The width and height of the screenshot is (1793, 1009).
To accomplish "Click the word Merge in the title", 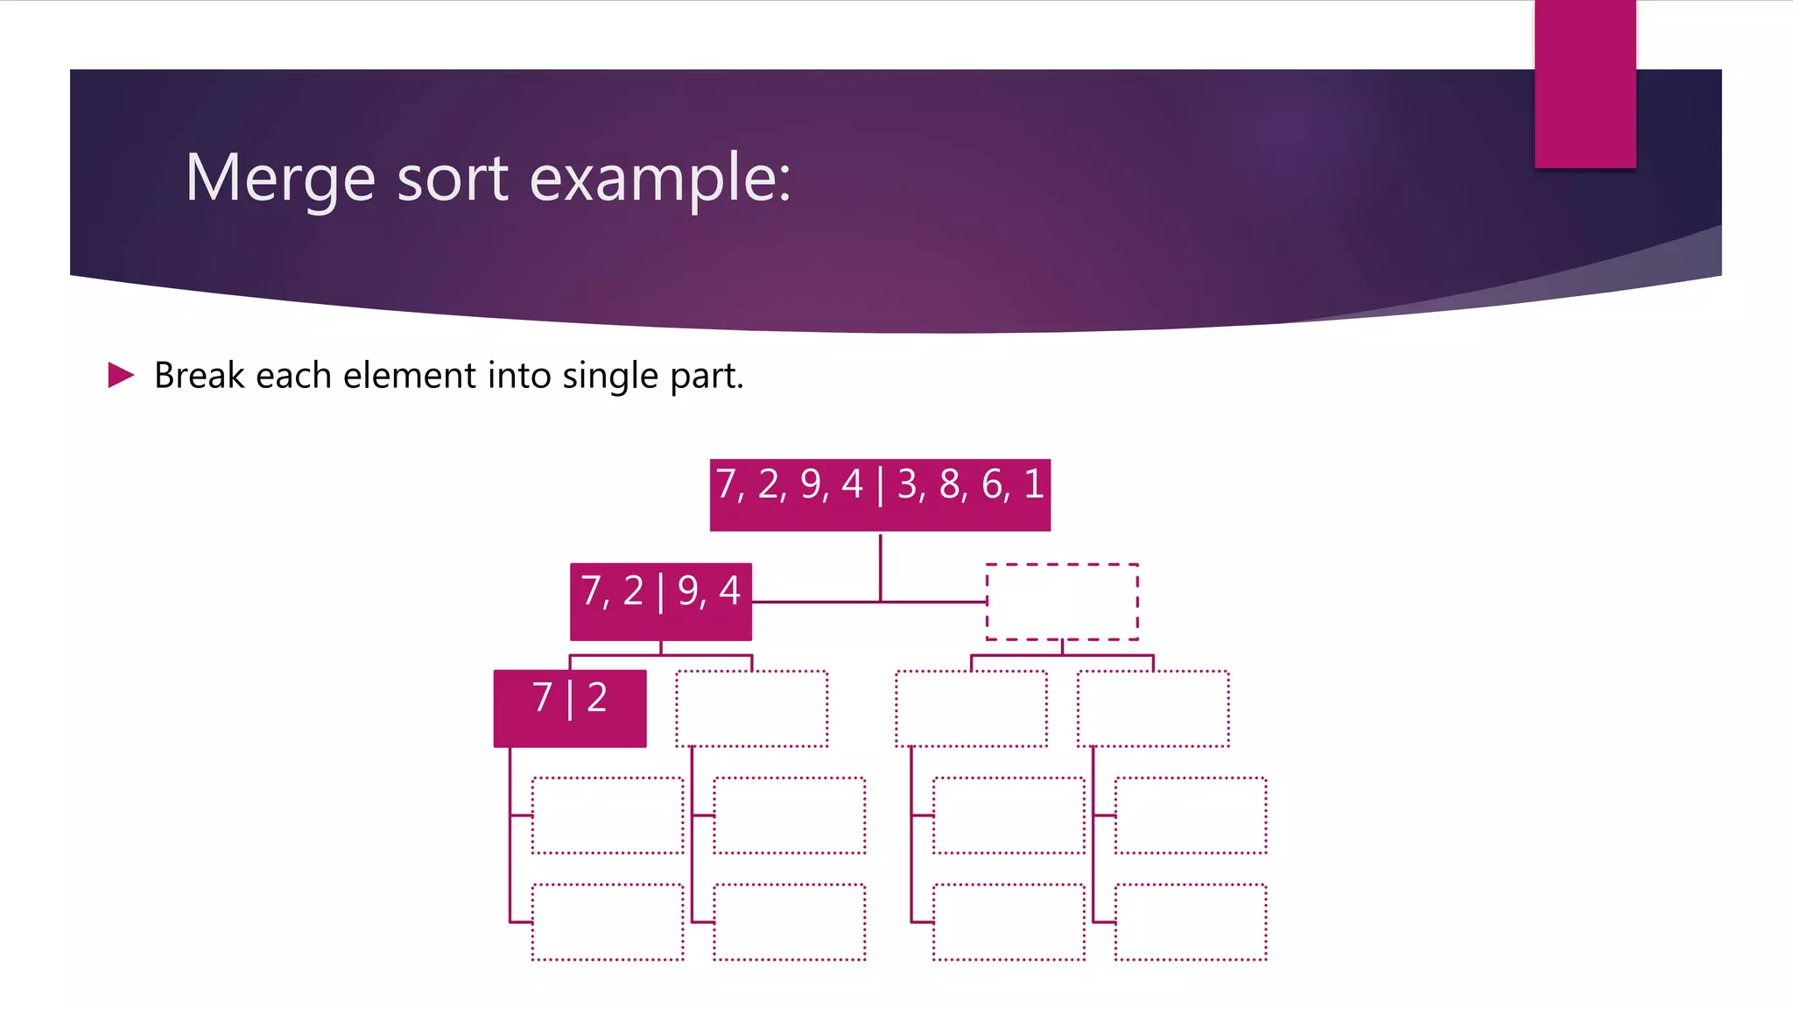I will pos(280,178).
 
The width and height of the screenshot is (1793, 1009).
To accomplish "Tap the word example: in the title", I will pos(660,178).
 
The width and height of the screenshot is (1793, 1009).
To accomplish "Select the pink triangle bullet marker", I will pos(121,375).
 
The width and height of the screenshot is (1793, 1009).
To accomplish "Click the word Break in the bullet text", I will pos(200,375).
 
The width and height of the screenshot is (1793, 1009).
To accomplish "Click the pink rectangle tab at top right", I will pos(1585,84).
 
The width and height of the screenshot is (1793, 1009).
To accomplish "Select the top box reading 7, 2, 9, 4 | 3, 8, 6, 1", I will pos(880,495).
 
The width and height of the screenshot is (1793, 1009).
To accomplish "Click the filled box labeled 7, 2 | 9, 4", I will pos(661,602).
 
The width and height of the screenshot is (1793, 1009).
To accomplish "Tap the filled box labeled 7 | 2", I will pos(570,709).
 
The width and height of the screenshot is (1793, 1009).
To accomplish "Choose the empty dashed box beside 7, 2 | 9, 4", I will pos(1062,602).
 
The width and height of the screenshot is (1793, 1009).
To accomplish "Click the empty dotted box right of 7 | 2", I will pos(751,709).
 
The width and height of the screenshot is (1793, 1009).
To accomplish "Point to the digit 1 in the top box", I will pos(1034,484).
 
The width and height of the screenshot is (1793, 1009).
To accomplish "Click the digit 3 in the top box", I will pos(907,484).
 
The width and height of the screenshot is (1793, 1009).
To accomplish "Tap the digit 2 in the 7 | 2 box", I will pos(597,698).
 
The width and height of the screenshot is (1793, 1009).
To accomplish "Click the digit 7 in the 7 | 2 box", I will pos(543,698).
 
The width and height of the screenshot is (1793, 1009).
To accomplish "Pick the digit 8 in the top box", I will pos(950,484).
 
